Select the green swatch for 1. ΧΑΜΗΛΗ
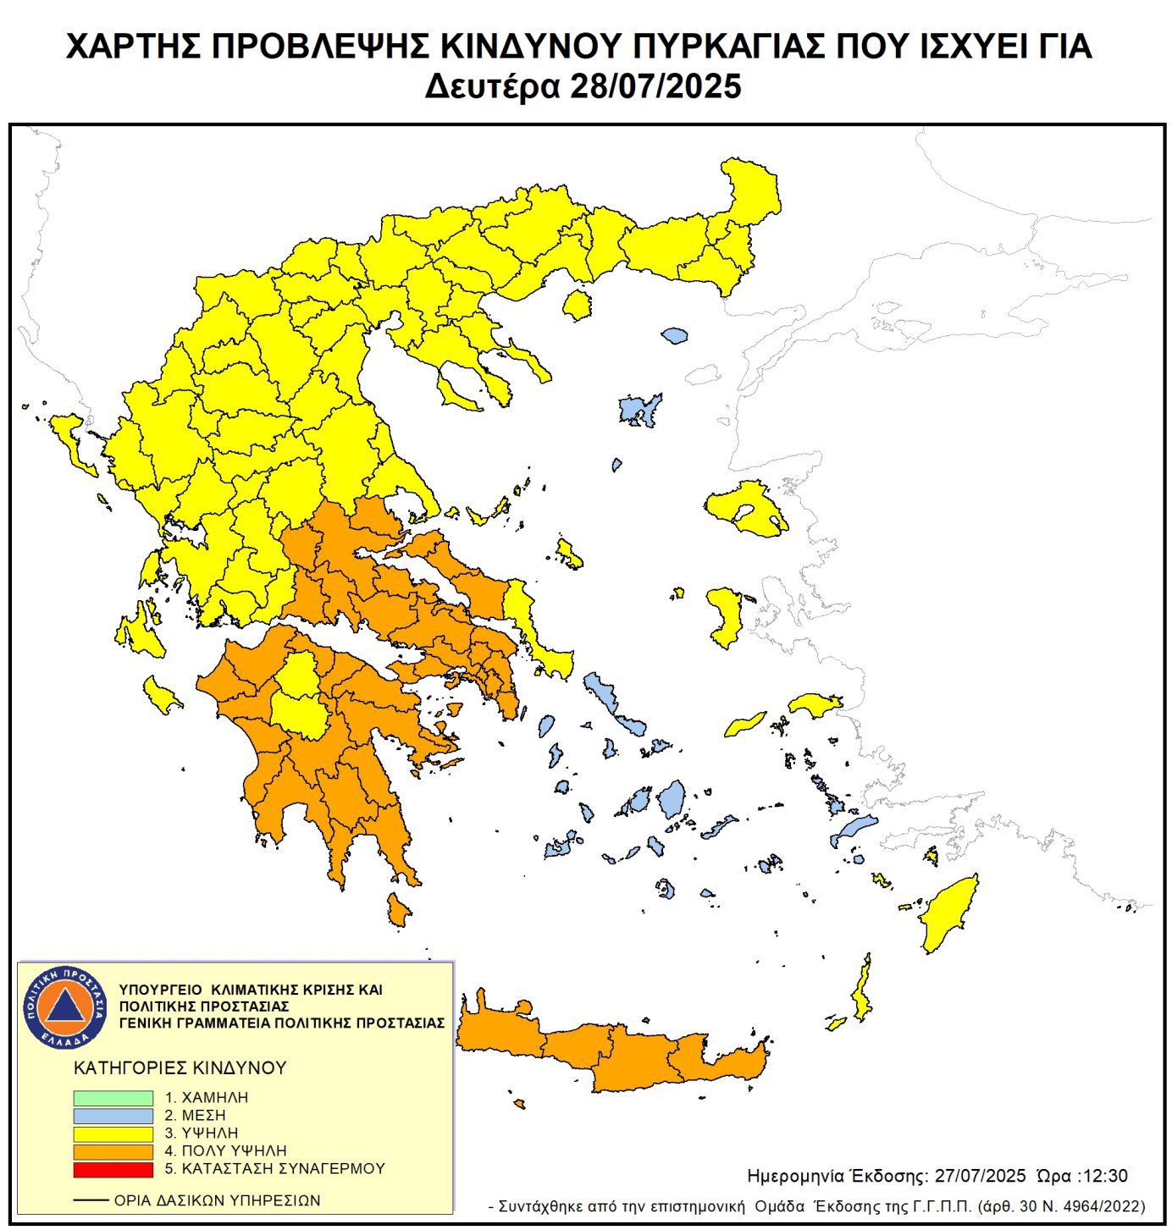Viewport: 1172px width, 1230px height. pyautogui.click(x=113, y=1098)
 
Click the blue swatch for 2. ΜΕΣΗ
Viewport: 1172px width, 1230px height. pyautogui.click(x=113, y=1116)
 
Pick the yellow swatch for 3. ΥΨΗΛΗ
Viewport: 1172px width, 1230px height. pyautogui.click(x=113, y=1133)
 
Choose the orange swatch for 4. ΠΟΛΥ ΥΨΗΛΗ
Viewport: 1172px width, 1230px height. pyautogui.click(x=113, y=1151)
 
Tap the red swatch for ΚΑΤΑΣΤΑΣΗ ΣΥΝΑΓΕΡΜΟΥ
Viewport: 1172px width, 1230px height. pyautogui.click(x=113, y=1169)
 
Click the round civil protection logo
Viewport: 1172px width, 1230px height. pyautogui.click(x=64, y=1006)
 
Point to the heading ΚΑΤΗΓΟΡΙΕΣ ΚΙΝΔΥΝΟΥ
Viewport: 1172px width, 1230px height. pyautogui.click(x=180, y=1068)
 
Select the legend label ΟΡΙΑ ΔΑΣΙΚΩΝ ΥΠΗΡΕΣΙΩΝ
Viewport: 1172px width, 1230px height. pyautogui.click(x=217, y=1200)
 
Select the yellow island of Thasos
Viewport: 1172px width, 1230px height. pyautogui.click(x=577, y=305)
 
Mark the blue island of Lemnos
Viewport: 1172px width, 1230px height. pyautogui.click(x=639, y=410)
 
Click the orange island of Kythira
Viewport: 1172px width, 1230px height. pyautogui.click(x=397, y=910)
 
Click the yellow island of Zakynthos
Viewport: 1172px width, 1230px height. pyautogui.click(x=161, y=695)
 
